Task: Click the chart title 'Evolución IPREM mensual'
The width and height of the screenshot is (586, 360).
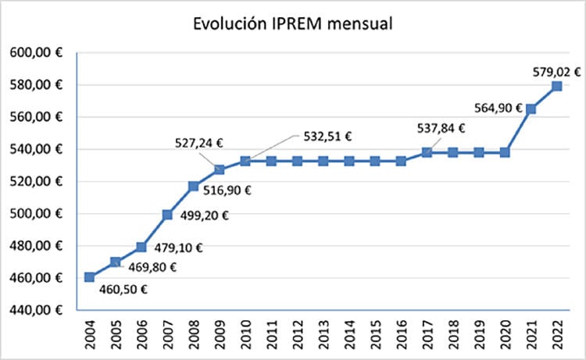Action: (x=293, y=24)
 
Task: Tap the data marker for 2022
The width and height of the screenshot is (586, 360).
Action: (x=556, y=86)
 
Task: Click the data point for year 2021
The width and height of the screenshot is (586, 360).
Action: (x=531, y=109)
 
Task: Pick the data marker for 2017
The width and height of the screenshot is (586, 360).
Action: (x=427, y=152)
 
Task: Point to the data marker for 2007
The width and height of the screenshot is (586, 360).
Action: (x=167, y=215)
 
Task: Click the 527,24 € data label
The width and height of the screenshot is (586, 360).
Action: (x=197, y=143)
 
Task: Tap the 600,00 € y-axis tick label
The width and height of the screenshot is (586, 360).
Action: (x=38, y=53)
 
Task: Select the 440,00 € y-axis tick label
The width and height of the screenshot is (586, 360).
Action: (x=38, y=310)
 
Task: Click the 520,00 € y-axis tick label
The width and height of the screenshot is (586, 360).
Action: (x=38, y=182)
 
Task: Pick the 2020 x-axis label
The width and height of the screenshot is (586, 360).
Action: (x=505, y=333)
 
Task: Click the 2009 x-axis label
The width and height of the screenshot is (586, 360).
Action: (x=220, y=333)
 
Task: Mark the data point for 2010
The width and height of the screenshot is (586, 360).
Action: (x=245, y=161)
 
